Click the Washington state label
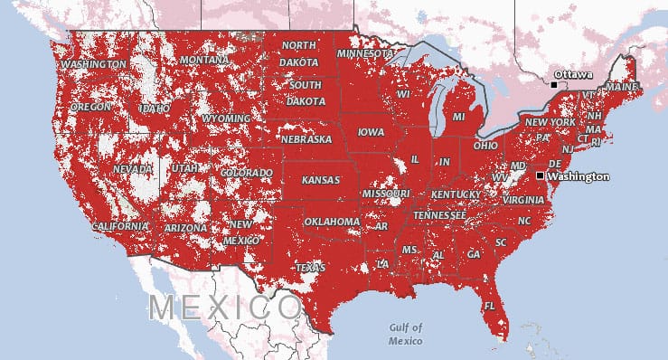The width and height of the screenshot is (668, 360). tap(94, 65)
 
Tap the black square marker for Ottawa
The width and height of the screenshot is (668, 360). tap(553, 84)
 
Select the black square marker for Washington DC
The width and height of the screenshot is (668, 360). tap(540, 175)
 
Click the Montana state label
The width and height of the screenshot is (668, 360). tap(203, 60)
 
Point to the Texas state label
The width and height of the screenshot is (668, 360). tap(310, 268)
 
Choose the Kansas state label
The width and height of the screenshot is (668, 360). tap(321, 180)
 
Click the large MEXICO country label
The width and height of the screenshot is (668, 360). tap(226, 307)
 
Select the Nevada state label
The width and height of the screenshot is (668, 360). tap(133, 169)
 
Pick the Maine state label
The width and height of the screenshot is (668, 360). tap(621, 86)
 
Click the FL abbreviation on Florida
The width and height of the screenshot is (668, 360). tap(489, 306)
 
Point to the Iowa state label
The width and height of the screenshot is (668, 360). tap(371, 131)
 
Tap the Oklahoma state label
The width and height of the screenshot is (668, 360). tap(332, 221)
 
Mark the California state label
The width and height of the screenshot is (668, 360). tap(119, 225)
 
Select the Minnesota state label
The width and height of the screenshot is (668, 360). tap(364, 53)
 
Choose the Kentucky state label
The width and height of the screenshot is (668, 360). tap(456, 194)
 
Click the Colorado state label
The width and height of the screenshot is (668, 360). tap(246, 173)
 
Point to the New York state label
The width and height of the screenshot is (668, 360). tap(550, 122)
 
